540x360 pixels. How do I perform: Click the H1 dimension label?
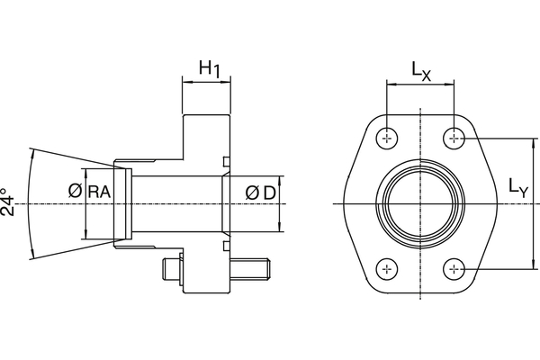pyautogui.click(x=210, y=67)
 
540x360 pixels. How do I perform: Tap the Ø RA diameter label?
pyautogui.click(x=90, y=191)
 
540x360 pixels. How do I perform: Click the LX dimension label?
pyautogui.click(x=422, y=69)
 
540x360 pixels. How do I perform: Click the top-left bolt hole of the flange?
pyautogui.click(x=387, y=138)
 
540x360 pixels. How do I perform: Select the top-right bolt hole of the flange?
pyautogui.click(x=455, y=138)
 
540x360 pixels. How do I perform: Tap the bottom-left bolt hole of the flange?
pyautogui.click(x=387, y=269)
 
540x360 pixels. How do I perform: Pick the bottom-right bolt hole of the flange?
pyautogui.click(x=455, y=269)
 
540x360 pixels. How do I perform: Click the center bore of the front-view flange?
pyautogui.click(x=421, y=203)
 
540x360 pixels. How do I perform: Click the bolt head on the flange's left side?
pyautogui.click(x=171, y=268)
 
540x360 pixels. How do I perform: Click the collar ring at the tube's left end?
pyautogui.click(x=123, y=203)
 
